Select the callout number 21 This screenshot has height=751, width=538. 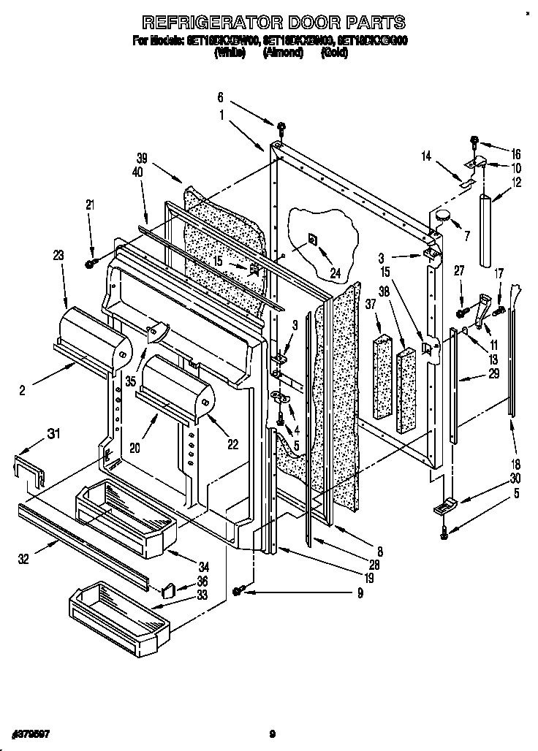pyautogui.click(x=90, y=207)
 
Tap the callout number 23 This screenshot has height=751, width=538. pyautogui.click(x=58, y=256)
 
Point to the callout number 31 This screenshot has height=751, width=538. pyautogui.click(x=53, y=435)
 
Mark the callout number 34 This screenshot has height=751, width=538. pyautogui.click(x=204, y=566)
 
